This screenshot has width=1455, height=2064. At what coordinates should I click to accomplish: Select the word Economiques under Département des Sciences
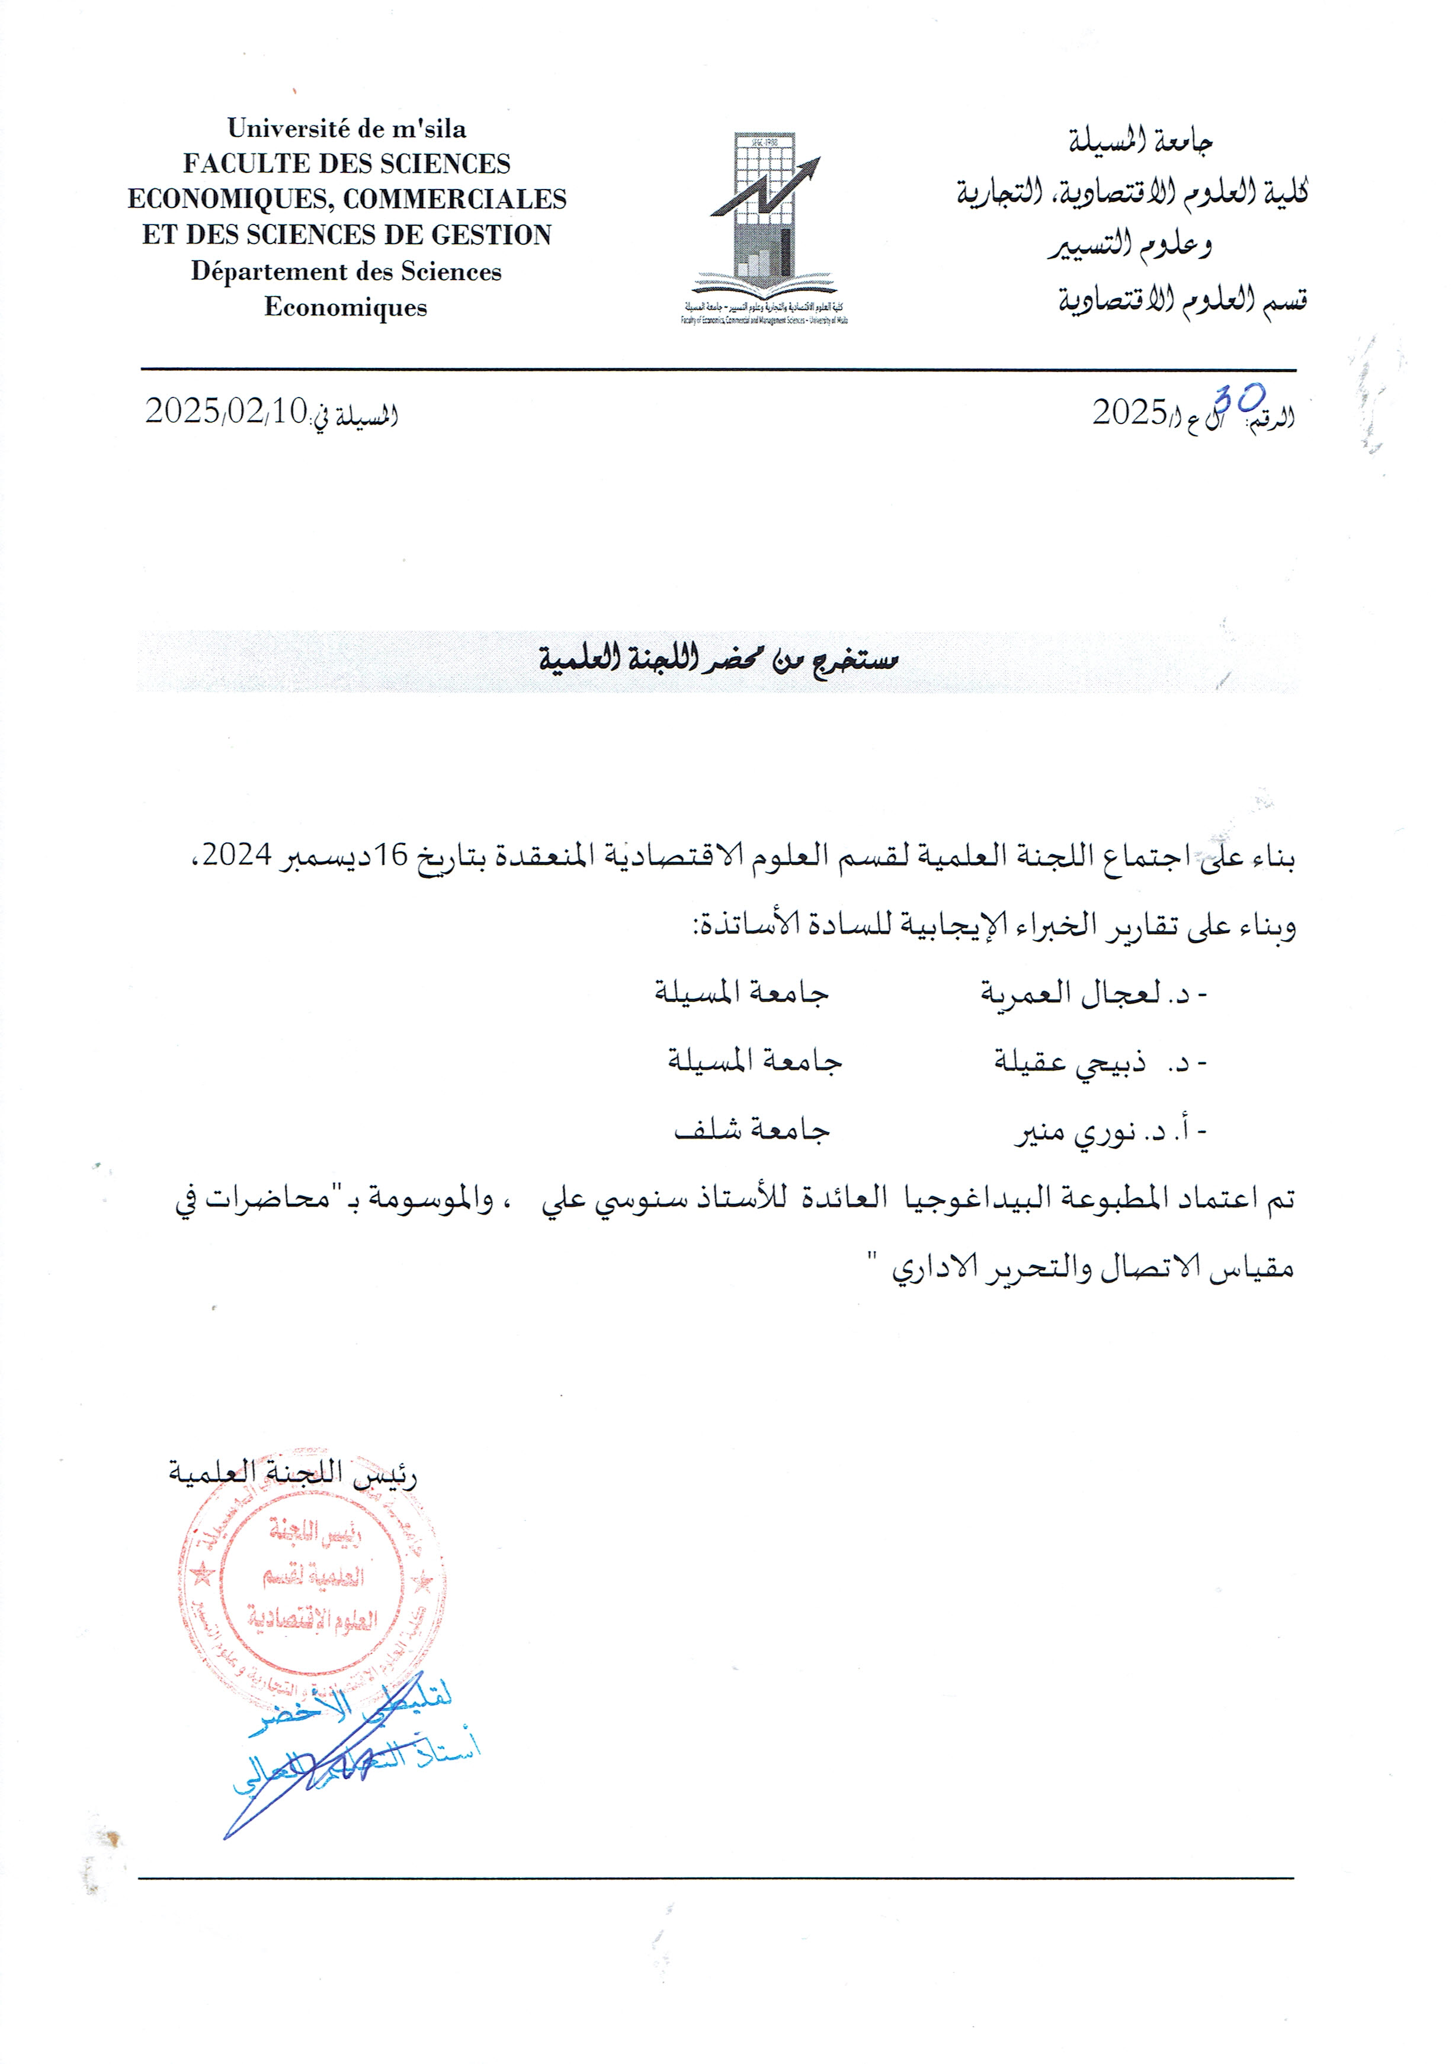click(345, 307)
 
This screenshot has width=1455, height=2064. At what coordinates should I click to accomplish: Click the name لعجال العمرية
click(1069, 993)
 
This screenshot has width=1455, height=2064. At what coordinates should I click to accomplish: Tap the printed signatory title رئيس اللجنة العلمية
click(292, 1475)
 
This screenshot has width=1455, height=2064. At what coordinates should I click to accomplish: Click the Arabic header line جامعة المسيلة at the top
click(1140, 141)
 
